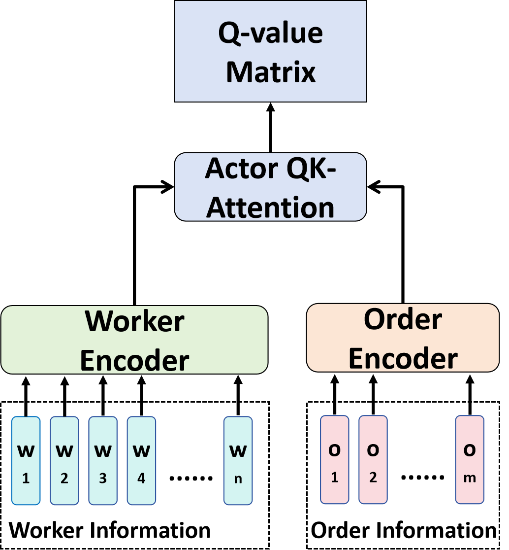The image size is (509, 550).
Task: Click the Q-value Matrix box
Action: click(x=270, y=51)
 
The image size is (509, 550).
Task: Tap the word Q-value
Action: click(x=270, y=33)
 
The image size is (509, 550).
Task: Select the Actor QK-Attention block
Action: click(x=270, y=187)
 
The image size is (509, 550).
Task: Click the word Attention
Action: click(x=270, y=207)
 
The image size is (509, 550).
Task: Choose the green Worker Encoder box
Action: click(x=134, y=340)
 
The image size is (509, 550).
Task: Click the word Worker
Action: click(x=134, y=321)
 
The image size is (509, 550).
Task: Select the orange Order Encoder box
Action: click(x=403, y=338)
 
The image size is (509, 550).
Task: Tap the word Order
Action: click(x=403, y=319)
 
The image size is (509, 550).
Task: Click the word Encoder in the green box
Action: click(x=134, y=360)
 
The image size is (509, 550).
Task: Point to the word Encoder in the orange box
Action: click(x=403, y=358)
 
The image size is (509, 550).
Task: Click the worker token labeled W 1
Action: click(x=26, y=461)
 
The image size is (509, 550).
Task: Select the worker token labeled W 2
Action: click(x=64, y=461)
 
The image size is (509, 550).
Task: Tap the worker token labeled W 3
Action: click(x=103, y=461)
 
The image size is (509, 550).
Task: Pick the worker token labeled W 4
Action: click(x=141, y=461)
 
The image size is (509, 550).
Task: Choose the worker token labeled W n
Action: click(x=238, y=461)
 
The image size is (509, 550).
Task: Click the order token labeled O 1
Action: click(x=334, y=460)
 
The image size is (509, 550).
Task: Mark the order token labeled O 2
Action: click(x=373, y=460)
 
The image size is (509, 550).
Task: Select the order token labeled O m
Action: click(x=469, y=460)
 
